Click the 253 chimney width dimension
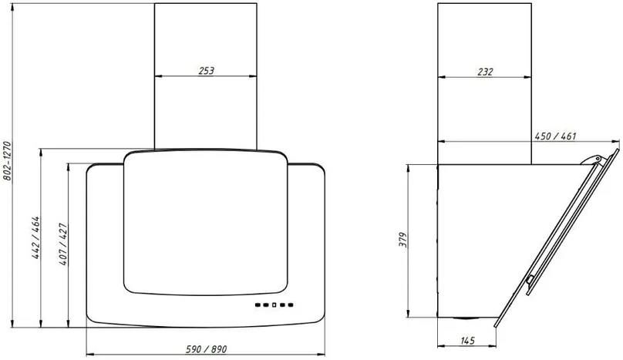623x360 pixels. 206,71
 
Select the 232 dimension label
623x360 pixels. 485,72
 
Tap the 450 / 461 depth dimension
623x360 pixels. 555,136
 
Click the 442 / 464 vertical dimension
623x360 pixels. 35,237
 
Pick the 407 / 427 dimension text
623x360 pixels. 63,244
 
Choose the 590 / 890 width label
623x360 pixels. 206,349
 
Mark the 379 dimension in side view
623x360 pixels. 403,240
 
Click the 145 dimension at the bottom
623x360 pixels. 468,341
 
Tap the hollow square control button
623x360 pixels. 274,305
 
